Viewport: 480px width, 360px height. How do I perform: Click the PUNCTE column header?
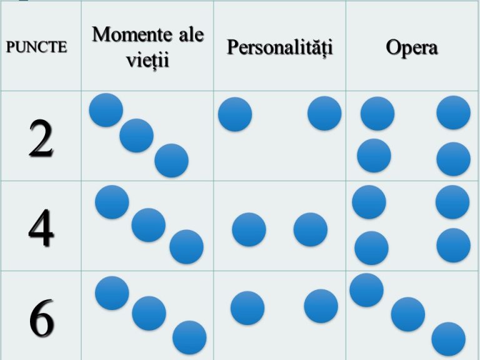click(36, 47)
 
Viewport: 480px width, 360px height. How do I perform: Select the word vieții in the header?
click(147, 59)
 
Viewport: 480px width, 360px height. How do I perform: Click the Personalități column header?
click(279, 47)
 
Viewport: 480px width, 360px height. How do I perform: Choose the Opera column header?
click(412, 48)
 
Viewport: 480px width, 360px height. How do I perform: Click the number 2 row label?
click(41, 137)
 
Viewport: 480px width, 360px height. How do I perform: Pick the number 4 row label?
click(41, 227)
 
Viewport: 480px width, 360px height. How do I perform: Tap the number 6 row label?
click(42, 318)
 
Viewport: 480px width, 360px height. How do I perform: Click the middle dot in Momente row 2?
click(136, 136)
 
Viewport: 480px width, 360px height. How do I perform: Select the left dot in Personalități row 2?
click(235, 114)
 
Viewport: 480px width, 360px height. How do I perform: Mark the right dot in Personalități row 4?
click(311, 229)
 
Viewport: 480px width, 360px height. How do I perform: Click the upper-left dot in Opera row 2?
click(377, 114)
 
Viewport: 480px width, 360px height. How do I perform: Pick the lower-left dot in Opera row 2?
click(374, 156)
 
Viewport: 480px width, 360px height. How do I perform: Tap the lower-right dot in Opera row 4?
click(453, 245)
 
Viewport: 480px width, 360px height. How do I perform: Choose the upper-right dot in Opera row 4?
click(452, 202)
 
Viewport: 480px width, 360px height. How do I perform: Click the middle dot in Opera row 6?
click(408, 314)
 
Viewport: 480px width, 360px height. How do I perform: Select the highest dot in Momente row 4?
click(112, 202)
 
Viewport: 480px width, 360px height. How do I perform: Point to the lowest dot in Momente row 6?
click(189, 337)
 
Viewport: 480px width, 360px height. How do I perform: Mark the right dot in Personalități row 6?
click(321, 306)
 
